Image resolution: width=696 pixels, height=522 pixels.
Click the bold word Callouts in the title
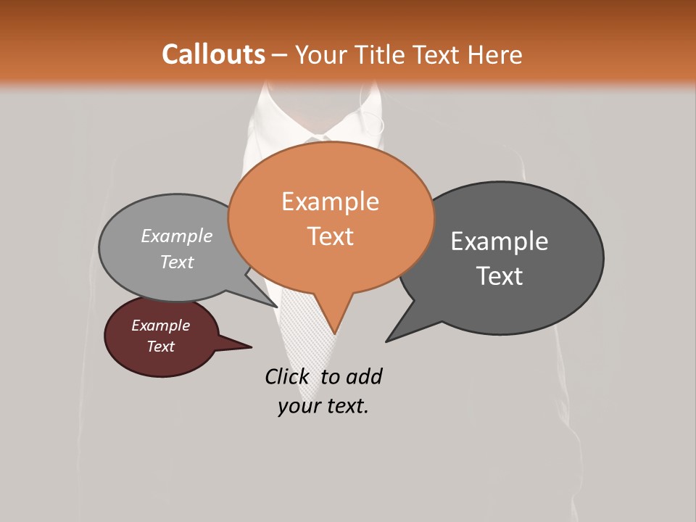(213, 54)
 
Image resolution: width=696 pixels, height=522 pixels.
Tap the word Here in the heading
(495, 54)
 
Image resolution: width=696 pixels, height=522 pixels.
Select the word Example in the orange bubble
(330, 201)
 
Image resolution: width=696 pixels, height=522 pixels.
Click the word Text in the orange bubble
(330, 236)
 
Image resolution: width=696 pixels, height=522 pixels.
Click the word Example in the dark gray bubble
(500, 241)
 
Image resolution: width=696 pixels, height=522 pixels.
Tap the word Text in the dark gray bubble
(500, 275)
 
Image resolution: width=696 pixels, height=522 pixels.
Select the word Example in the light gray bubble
(177, 236)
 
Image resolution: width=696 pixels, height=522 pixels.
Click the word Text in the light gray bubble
(177, 262)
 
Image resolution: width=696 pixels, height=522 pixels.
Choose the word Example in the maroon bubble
(161, 326)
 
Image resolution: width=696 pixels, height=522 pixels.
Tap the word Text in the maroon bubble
(161, 347)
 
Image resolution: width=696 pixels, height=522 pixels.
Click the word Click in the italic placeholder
(286, 376)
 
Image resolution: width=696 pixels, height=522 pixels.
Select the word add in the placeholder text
(363, 376)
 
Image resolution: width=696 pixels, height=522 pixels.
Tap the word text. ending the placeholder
(345, 406)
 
